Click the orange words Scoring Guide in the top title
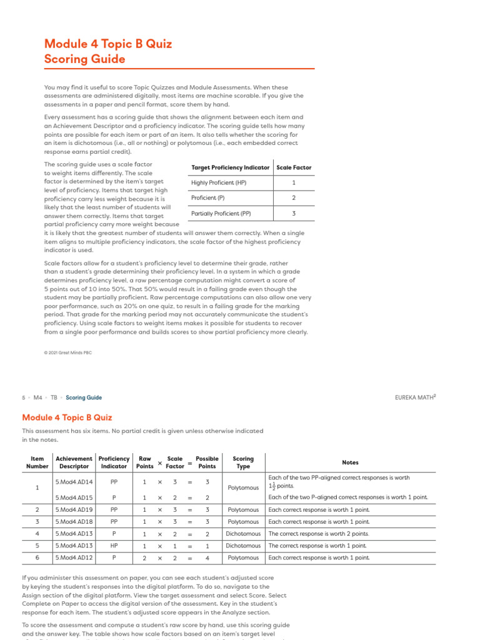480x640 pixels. pyautogui.click(x=84, y=59)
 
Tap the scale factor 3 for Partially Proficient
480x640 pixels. pyautogui.click(x=294, y=213)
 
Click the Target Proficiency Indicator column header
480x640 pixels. pyautogui.click(x=230, y=167)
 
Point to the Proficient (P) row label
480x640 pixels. pyautogui.click(x=207, y=197)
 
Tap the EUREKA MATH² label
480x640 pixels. pyautogui.click(x=415, y=397)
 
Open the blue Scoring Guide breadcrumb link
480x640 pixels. pyautogui.click(x=84, y=397)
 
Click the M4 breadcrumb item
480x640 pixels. pyautogui.click(x=38, y=397)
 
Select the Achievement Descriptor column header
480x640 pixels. pyautogui.click(x=74, y=462)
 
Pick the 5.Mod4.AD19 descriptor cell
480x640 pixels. pyautogui.click(x=74, y=510)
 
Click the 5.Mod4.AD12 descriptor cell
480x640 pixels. pyautogui.click(x=74, y=557)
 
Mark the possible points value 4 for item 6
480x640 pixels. pyautogui.click(x=207, y=557)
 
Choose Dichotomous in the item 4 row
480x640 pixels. pyautogui.click(x=243, y=534)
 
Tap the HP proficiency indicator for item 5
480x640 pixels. pyautogui.click(x=114, y=546)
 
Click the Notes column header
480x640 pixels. pyautogui.click(x=351, y=462)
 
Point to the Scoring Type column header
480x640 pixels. pyautogui.click(x=243, y=462)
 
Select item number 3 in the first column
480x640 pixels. pyautogui.click(x=37, y=522)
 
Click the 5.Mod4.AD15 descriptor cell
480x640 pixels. pyautogui.click(x=74, y=497)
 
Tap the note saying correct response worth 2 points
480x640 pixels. pyautogui.click(x=318, y=534)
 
